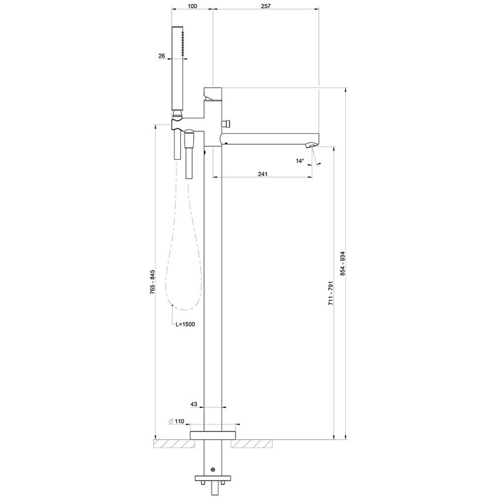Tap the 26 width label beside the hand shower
click(161, 56)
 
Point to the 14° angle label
click(301, 160)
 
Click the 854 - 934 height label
click(342, 264)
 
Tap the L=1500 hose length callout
click(186, 323)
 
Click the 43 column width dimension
click(194, 404)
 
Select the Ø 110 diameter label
click(177, 422)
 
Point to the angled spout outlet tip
click(313, 144)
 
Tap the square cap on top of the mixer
click(213, 93)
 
